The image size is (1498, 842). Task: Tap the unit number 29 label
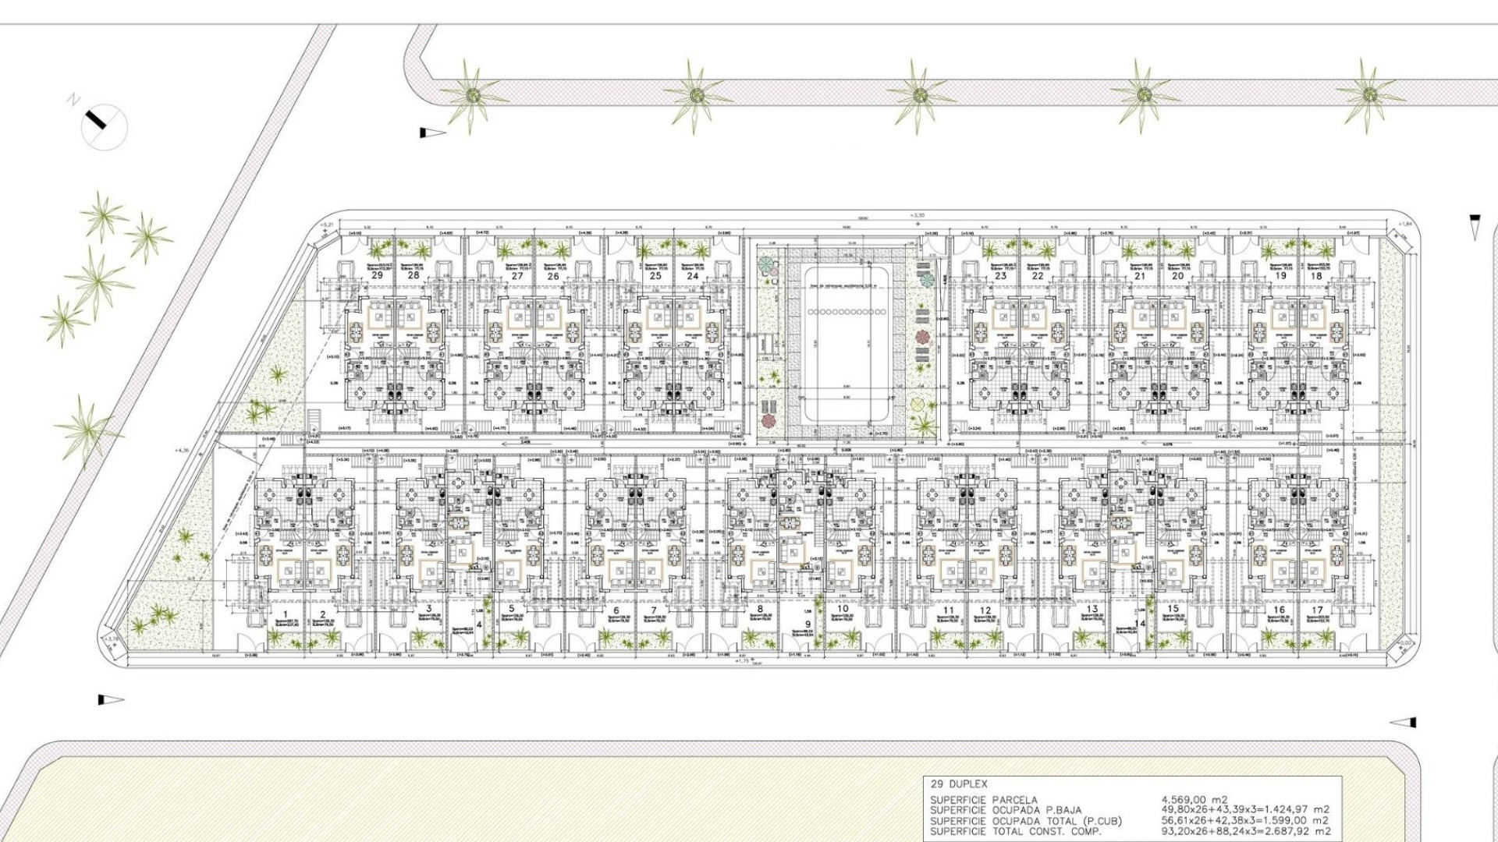(x=378, y=275)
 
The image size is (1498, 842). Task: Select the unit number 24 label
(x=693, y=275)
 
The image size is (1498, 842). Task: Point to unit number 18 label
(x=1317, y=275)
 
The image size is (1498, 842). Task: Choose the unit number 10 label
(x=843, y=609)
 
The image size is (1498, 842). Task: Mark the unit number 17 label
(x=1317, y=610)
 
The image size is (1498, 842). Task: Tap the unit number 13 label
(x=1092, y=609)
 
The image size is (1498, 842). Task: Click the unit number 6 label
(x=616, y=610)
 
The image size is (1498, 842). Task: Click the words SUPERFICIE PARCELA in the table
(x=983, y=800)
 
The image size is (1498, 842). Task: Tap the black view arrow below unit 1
(x=110, y=700)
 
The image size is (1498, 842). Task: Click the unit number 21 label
(x=1140, y=275)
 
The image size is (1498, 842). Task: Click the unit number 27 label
(x=517, y=275)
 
